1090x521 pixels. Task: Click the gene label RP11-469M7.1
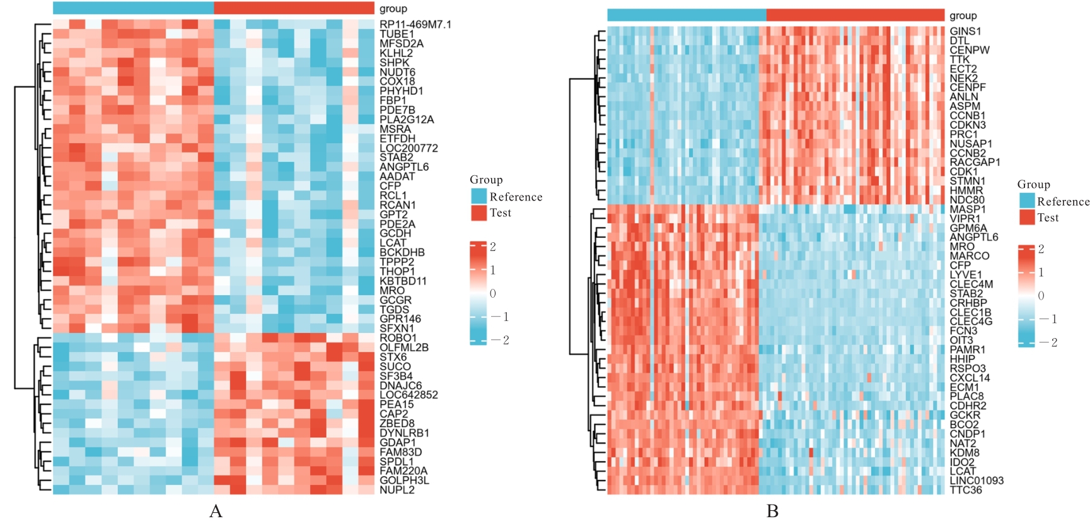[415, 25]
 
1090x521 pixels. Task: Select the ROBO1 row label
[398, 338]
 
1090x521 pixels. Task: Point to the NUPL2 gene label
[397, 490]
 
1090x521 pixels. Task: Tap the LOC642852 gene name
[409, 395]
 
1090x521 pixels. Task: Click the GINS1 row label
[965, 31]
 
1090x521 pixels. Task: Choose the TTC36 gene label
[966, 490]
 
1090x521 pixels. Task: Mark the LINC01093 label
[977, 481]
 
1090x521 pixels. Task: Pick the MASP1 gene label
[967, 209]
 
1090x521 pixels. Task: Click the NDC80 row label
[967, 200]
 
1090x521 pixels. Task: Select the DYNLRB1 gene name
[404, 433]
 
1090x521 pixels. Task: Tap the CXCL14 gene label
[970, 378]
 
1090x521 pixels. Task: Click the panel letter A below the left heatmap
[216, 511]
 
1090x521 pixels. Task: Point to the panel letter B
[772, 511]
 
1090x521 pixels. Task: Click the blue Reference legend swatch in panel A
[478, 196]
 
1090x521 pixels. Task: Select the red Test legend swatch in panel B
[1027, 218]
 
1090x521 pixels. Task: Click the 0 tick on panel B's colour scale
[1041, 296]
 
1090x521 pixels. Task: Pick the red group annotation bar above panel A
[294, 8]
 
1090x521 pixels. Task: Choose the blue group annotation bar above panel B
[687, 15]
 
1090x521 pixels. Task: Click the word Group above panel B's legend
[1033, 184]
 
